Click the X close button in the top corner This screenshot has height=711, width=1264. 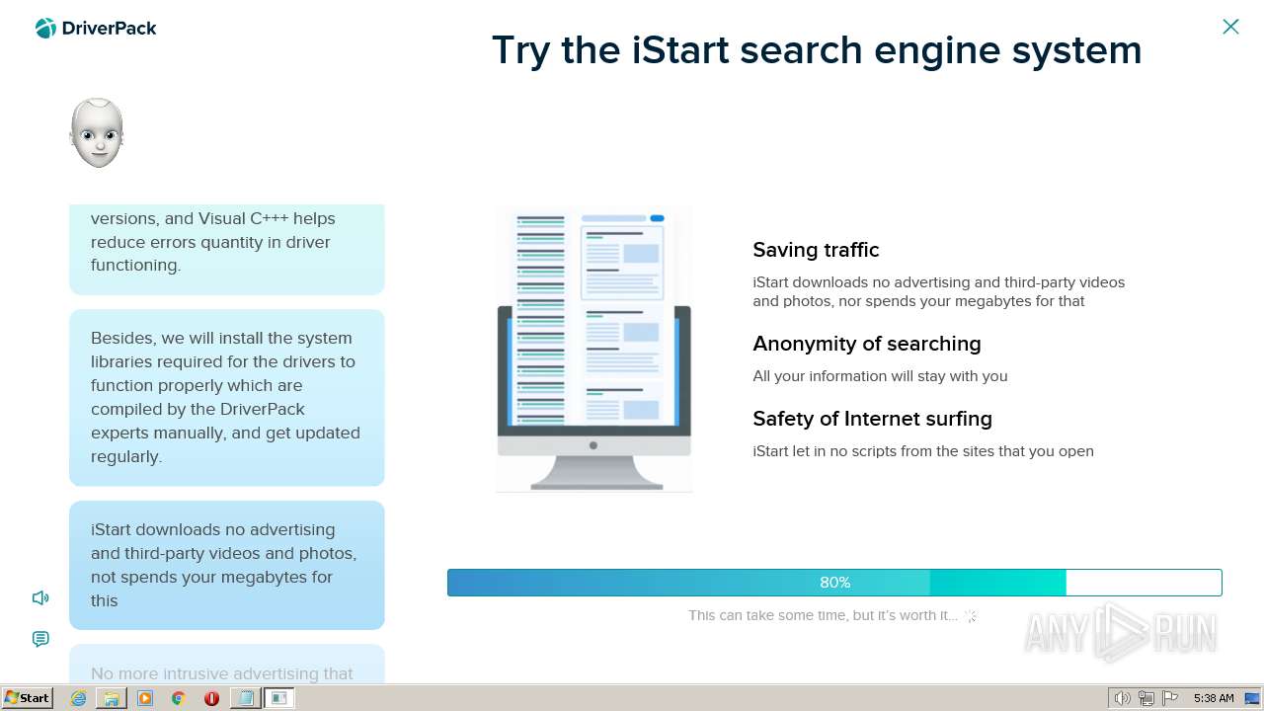click(1230, 27)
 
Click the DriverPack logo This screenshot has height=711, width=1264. click(96, 29)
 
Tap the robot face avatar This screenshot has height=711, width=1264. click(97, 133)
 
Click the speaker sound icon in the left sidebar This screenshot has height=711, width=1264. click(40, 597)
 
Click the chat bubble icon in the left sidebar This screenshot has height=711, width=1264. click(40, 639)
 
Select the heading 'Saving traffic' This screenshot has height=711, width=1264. click(816, 250)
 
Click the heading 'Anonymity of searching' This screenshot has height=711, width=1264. click(866, 344)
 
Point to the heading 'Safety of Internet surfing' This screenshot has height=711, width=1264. click(872, 419)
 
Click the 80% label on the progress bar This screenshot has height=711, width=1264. click(834, 583)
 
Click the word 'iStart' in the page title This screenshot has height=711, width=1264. click(680, 50)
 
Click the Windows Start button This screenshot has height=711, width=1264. click(27, 698)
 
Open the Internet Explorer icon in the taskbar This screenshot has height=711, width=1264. click(78, 698)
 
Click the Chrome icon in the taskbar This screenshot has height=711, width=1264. click(179, 698)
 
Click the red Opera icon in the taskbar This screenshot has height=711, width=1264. click(211, 698)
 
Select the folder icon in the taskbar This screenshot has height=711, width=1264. click(112, 698)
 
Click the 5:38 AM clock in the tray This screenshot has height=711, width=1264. click(1214, 698)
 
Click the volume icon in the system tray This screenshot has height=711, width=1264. click(1122, 698)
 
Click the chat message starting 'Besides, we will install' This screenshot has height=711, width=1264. click(226, 397)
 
